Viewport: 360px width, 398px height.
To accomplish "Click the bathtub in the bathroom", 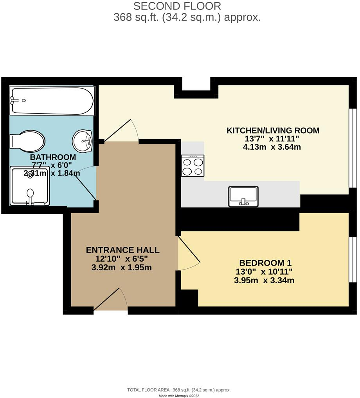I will point(52,101).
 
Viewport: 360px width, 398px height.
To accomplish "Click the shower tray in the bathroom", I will point(30,186).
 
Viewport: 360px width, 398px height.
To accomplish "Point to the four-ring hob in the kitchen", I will point(193,165).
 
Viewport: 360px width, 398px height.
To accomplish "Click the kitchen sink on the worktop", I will point(243,196).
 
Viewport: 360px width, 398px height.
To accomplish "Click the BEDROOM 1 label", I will point(265,263).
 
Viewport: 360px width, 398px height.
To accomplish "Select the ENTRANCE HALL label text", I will point(122,250).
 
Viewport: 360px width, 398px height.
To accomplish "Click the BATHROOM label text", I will point(53,157).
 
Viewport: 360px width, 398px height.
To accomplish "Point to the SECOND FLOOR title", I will point(177,6).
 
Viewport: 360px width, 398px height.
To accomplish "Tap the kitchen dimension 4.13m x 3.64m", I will point(272,147).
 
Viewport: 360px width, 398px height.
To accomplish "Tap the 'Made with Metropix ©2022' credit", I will point(179,396).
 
